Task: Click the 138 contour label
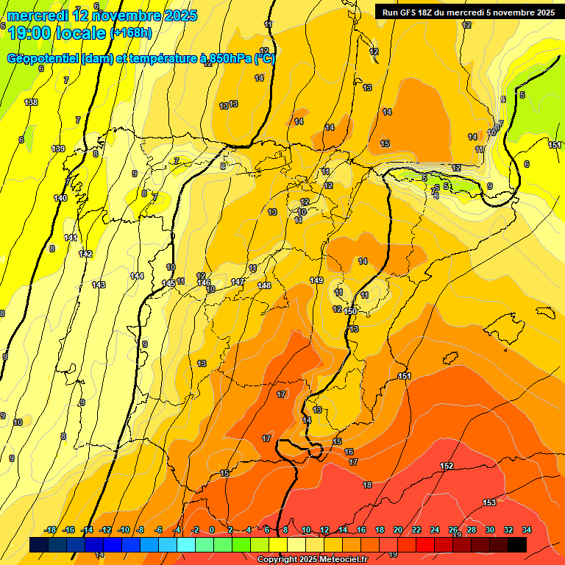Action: (31, 102)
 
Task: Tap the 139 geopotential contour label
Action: (58, 149)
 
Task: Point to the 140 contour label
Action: (60, 198)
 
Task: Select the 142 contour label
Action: (85, 254)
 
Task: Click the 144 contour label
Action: (137, 276)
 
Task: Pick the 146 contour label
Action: (205, 282)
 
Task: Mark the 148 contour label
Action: (265, 285)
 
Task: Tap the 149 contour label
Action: (316, 280)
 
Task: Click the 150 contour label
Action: (351, 311)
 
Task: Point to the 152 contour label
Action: (447, 466)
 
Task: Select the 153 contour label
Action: (489, 502)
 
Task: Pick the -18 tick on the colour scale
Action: (50, 530)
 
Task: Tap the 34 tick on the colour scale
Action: (526, 530)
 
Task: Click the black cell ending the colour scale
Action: (516, 544)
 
